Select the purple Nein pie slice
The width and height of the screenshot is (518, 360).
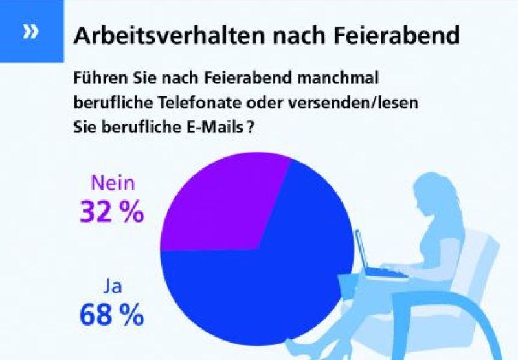point(220,207)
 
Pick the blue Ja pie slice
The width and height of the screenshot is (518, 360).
point(272,285)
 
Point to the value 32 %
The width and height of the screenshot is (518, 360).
point(111,212)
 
